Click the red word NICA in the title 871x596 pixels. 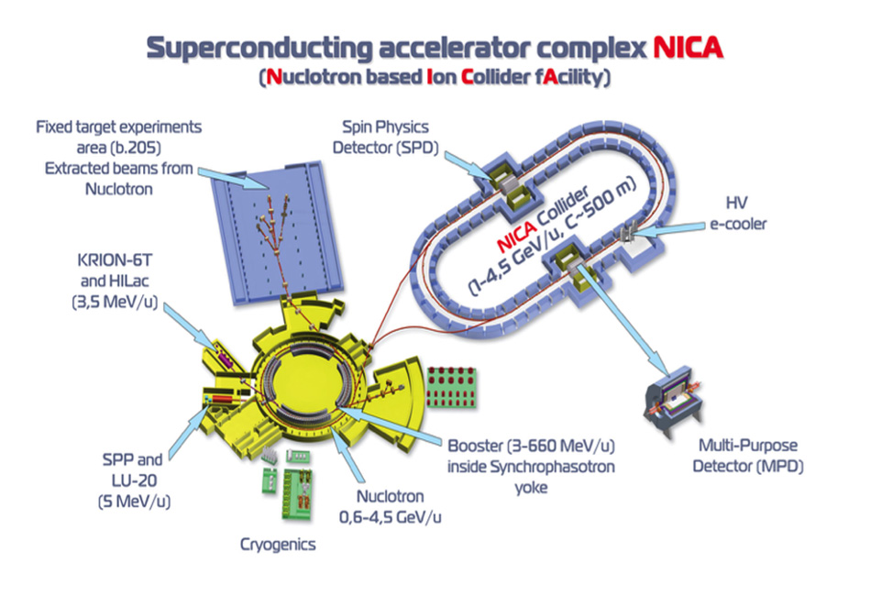pos(688,48)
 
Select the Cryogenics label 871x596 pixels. pos(278,545)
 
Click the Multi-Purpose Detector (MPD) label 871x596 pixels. pos(747,456)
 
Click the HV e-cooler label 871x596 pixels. pos(738,214)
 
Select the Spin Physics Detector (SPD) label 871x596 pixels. pos(385,138)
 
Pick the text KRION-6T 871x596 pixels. pos(115,260)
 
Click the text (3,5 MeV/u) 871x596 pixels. pos(115,303)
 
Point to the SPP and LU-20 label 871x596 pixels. pos(133,469)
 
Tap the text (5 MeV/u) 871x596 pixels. pos(134,502)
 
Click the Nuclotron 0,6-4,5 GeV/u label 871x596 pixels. pos(390,506)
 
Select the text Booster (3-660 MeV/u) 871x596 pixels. pos(531,446)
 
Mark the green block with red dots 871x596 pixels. pos(451,388)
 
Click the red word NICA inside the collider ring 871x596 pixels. pos(517,236)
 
